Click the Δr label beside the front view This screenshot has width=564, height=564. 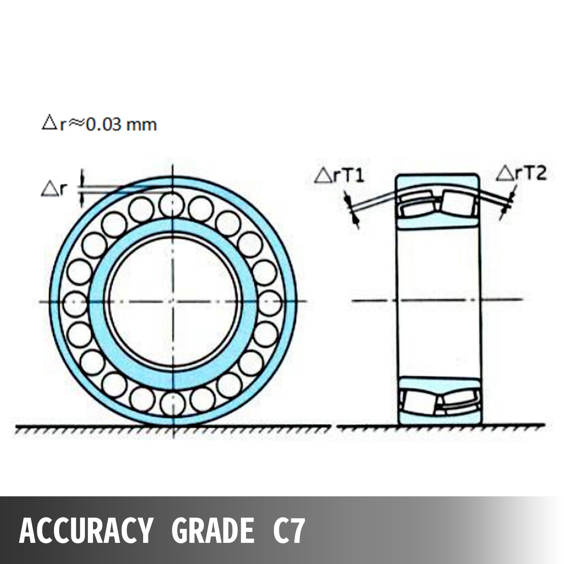click(x=54, y=190)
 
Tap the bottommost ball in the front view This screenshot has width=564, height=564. click(x=172, y=402)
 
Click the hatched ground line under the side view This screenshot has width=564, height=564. click(x=441, y=428)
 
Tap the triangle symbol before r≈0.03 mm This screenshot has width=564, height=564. click(x=49, y=124)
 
